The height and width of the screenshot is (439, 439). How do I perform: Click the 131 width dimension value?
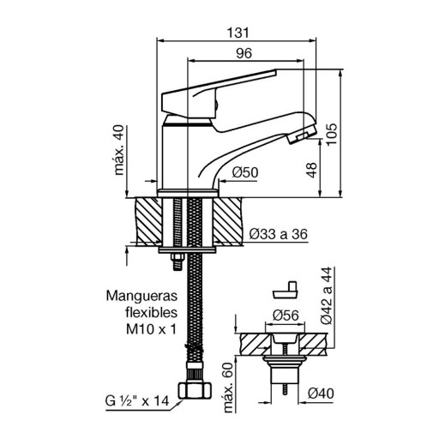tap(238, 33)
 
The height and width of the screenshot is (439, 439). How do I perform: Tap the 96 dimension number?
tap(244, 53)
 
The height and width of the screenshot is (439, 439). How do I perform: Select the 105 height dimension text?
tap(332, 135)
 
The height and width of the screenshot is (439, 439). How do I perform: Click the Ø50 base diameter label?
tap(245, 172)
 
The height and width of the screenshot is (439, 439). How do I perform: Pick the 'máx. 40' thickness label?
tap(119, 150)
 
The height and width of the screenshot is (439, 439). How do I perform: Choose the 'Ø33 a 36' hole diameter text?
tap(278, 234)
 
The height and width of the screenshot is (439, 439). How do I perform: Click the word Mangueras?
tap(141, 297)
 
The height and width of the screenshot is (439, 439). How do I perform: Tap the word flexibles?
tap(152, 312)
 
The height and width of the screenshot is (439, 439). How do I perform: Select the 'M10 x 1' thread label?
tap(152, 329)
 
